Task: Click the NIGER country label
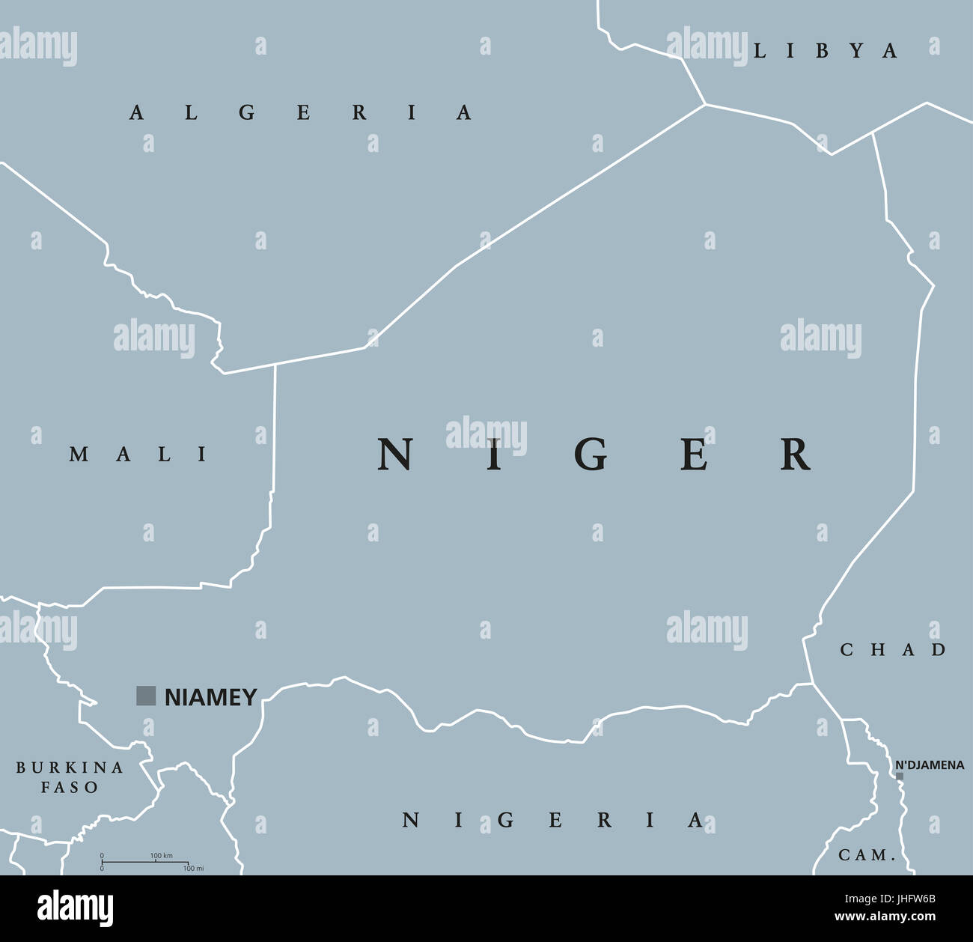coord(594,455)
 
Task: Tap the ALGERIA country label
coord(301,113)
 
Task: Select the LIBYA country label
coord(825,51)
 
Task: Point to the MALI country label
coord(139,454)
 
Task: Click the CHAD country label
coord(893,650)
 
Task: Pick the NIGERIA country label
coord(553,821)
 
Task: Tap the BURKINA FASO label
coord(70,777)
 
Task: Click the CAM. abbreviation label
coord(867,855)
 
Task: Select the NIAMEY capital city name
coord(210,697)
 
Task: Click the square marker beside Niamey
coord(146,696)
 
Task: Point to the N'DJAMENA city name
coord(930,765)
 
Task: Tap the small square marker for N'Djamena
coord(900,776)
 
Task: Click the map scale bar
coord(144,862)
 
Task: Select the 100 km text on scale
coord(161,855)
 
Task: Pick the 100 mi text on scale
coord(193,869)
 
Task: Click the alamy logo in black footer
coord(76,908)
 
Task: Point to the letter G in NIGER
coord(594,455)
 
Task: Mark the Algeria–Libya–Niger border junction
coord(705,104)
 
